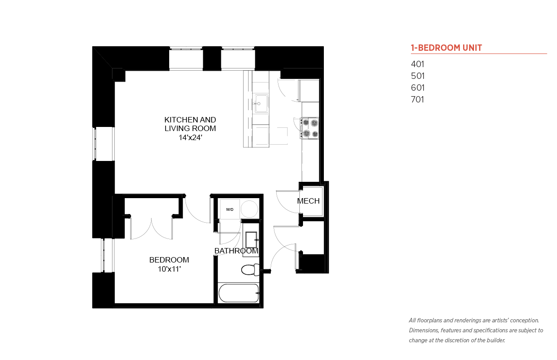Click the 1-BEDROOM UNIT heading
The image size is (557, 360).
click(x=446, y=48)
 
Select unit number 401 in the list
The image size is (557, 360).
click(x=417, y=64)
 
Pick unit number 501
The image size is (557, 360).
click(x=418, y=76)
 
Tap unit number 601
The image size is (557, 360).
click(x=418, y=88)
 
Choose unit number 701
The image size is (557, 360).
click(x=417, y=99)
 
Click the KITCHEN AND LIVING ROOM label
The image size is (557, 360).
click(x=190, y=124)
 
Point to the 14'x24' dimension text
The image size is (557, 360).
click(x=190, y=137)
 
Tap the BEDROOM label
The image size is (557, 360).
click(x=169, y=260)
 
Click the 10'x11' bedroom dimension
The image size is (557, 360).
click(x=169, y=269)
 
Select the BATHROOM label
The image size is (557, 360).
click(x=236, y=251)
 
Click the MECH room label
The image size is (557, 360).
click(x=308, y=201)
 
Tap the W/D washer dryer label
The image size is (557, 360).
click(x=230, y=209)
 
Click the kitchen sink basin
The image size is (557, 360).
click(x=261, y=103)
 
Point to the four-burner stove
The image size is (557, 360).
click(x=310, y=128)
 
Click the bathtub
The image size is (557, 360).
click(x=239, y=293)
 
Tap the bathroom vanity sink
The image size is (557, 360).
click(x=251, y=240)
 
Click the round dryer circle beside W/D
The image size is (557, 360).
click(x=249, y=209)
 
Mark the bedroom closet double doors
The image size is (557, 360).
click(x=151, y=229)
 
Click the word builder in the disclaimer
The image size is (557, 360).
click(x=496, y=341)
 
